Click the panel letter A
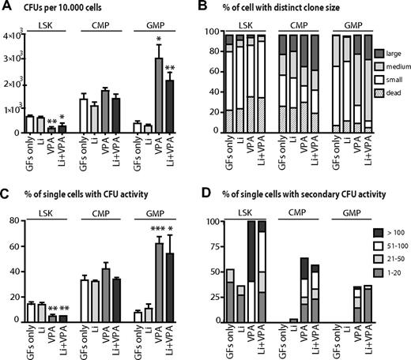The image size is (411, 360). pyautogui.click(x=6, y=8)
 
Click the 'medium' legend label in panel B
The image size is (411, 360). pyautogui.click(x=390, y=69)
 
